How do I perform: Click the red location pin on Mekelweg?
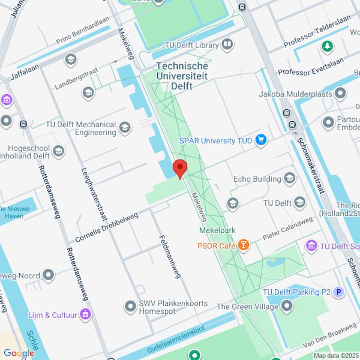[x=180, y=167]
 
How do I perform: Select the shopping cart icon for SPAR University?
[x=261, y=140]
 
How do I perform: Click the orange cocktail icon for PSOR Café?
[x=243, y=245]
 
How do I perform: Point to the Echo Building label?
[x=257, y=179]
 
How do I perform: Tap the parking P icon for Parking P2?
[x=339, y=292]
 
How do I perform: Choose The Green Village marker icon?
[x=287, y=306]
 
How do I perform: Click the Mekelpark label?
[x=217, y=230]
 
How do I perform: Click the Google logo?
[x=18, y=353]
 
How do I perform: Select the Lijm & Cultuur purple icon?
[x=85, y=314]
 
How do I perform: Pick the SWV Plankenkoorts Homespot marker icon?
[x=130, y=307]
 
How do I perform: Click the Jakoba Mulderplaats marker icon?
[x=341, y=94]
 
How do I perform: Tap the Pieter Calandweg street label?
[x=289, y=230]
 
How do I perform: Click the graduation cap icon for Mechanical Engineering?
[x=125, y=127]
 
